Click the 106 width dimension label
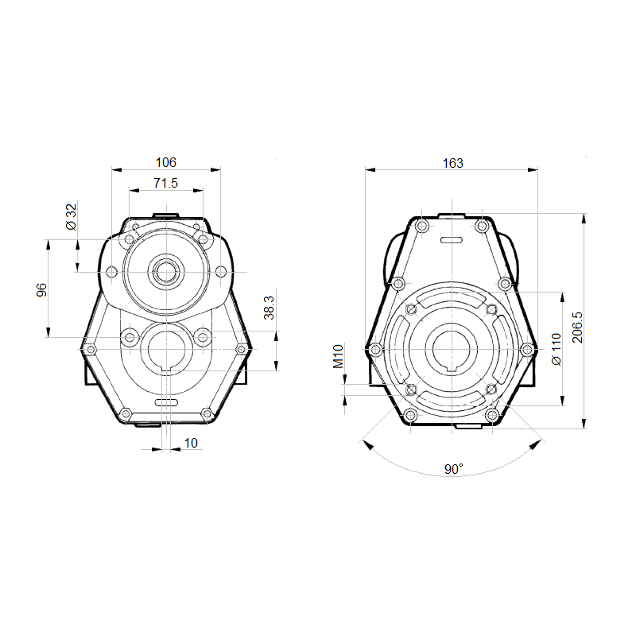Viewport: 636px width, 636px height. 166,162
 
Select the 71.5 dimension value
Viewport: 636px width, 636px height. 165,183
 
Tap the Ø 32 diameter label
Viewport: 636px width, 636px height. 71,217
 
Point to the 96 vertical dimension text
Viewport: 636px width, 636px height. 42,290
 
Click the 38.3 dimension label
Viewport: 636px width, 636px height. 269,308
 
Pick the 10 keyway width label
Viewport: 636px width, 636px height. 191,443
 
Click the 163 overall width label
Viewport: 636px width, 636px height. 452,163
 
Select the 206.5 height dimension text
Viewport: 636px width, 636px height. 577,327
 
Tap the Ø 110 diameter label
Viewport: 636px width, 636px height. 556,349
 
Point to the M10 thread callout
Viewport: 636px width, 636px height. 339,356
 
